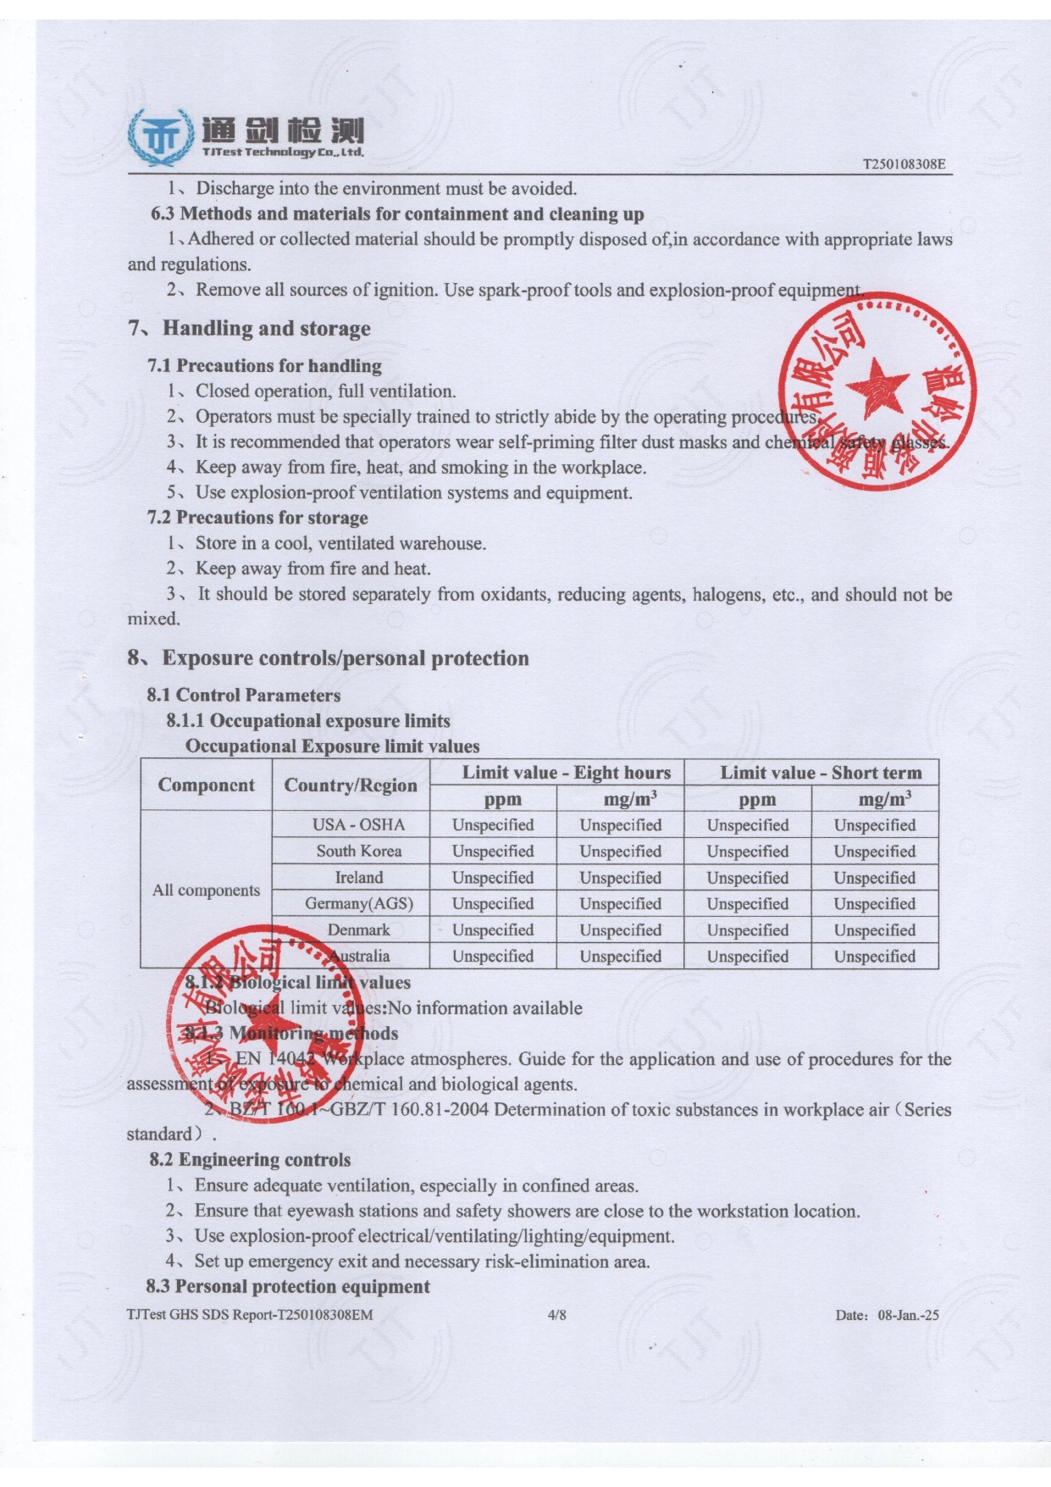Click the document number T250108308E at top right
coord(903,164)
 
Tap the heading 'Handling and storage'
coord(266,328)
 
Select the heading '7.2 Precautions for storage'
coord(257,518)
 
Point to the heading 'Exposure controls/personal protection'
coord(345,658)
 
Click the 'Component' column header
coord(206,785)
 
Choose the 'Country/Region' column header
coord(351,785)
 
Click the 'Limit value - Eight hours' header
coord(566,772)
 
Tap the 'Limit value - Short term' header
coord(821,772)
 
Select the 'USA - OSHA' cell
coord(359,824)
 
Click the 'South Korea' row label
coord(359,851)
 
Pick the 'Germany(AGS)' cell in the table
coord(359,903)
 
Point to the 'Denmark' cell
coord(359,929)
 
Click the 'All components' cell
coord(206,890)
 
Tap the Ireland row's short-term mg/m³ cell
coord(875,878)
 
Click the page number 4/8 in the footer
coord(557,1315)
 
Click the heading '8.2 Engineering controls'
coord(250,1160)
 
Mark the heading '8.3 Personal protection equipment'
coord(288,1286)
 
